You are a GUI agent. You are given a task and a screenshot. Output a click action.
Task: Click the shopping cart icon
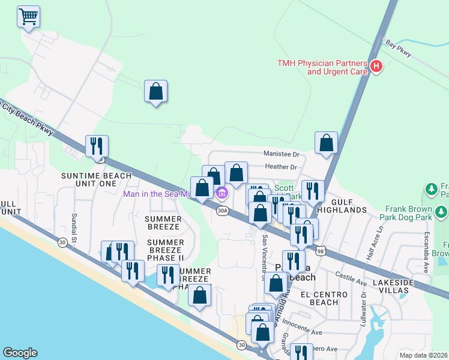coord(28,17)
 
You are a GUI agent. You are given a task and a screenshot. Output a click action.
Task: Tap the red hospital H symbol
coord(376,67)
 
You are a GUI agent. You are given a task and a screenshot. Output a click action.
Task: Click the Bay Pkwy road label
coord(399,49)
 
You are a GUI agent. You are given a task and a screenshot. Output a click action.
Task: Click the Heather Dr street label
coord(280,167)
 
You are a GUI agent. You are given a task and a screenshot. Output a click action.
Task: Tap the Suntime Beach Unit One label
coord(88,179)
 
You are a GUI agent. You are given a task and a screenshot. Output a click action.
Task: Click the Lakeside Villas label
coord(399,286)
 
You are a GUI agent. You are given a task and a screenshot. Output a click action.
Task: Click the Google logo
coord(20,353)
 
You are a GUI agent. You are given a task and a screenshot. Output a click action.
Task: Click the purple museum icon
coord(221,193)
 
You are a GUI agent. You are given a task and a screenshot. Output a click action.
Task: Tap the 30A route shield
coord(223,211)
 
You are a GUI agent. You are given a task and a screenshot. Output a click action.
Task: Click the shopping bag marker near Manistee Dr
coord(326,143)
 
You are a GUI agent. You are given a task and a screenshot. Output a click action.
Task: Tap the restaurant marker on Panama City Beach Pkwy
coord(97,146)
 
